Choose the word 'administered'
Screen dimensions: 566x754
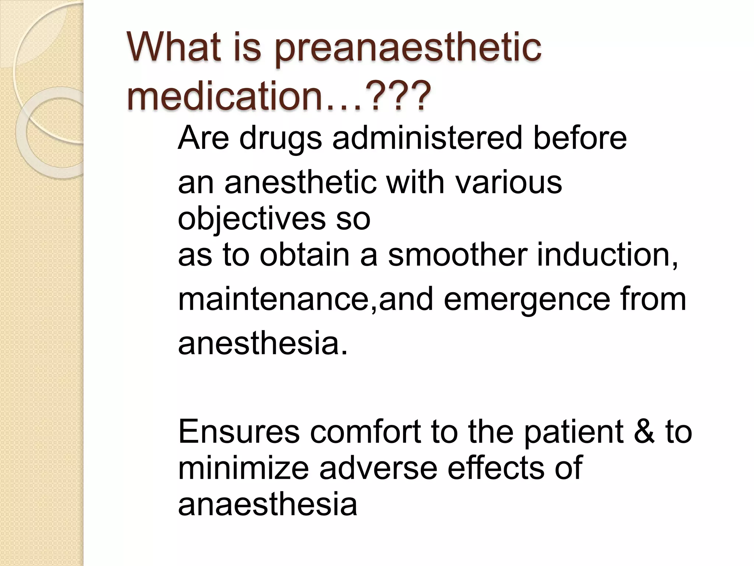tap(427, 138)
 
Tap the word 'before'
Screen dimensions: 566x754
tap(580, 138)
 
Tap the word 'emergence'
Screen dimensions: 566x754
tap(527, 299)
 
